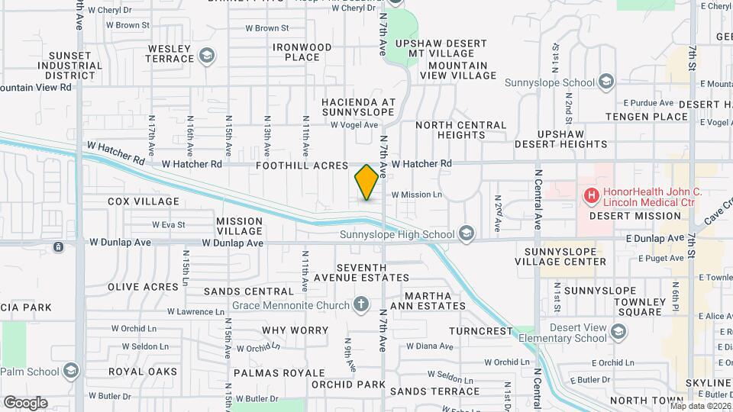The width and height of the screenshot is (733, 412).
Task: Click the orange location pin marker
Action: (366, 182)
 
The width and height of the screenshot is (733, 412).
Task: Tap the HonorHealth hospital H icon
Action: (591, 196)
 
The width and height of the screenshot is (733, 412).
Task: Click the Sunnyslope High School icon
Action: (466, 233)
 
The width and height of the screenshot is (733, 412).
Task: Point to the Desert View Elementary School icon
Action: (618, 331)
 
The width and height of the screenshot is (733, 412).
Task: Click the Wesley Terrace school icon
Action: (205, 55)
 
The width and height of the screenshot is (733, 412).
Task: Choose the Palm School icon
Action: (71, 372)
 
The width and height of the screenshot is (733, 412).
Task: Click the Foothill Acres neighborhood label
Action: (302, 165)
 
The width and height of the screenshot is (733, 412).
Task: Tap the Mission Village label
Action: (239, 227)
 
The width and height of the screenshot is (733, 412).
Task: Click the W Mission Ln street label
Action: (417, 195)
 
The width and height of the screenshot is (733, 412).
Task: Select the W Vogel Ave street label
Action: (354, 125)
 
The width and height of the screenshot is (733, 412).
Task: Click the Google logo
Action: (25, 402)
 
